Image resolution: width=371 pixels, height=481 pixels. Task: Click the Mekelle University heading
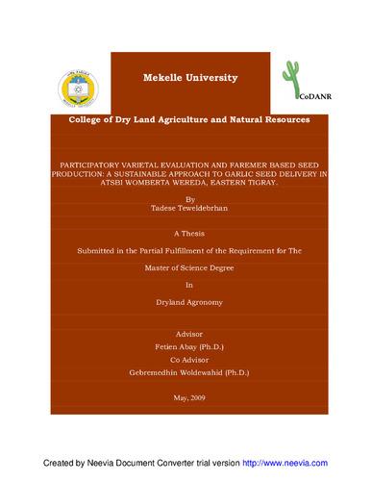click(x=187, y=76)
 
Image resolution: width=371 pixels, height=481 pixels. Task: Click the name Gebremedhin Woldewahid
click(x=173, y=367)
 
